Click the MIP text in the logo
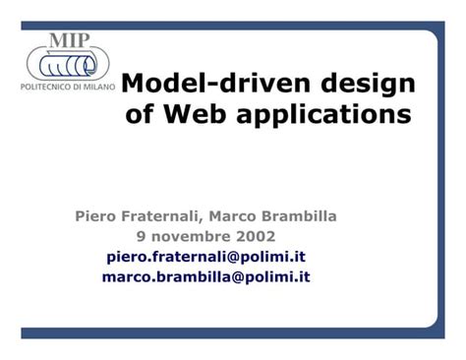click(70, 40)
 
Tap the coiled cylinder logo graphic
click(68, 66)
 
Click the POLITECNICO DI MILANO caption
click(67, 88)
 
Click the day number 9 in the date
click(141, 236)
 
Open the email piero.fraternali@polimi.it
click(205, 256)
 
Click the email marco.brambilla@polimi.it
click(205, 276)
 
